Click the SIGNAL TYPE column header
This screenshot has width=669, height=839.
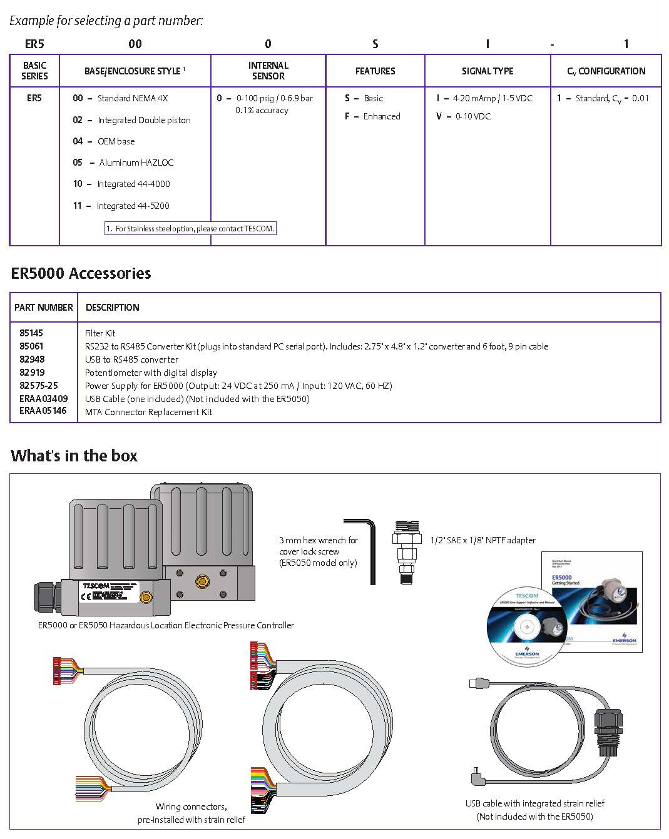(488, 71)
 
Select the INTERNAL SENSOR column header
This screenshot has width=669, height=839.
(268, 71)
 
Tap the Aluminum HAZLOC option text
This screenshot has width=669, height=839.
(136, 163)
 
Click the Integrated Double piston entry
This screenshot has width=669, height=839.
(144, 120)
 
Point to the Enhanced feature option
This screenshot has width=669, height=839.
(381, 116)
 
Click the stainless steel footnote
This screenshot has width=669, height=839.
(190, 229)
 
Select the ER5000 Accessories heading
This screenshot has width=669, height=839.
(81, 273)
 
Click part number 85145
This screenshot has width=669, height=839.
(31, 333)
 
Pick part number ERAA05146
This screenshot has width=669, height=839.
(43, 411)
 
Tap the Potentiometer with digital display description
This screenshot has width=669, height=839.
(151, 373)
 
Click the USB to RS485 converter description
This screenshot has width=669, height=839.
(131, 359)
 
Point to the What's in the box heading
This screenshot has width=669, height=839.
(74, 456)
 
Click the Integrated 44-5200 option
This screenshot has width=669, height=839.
(133, 206)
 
